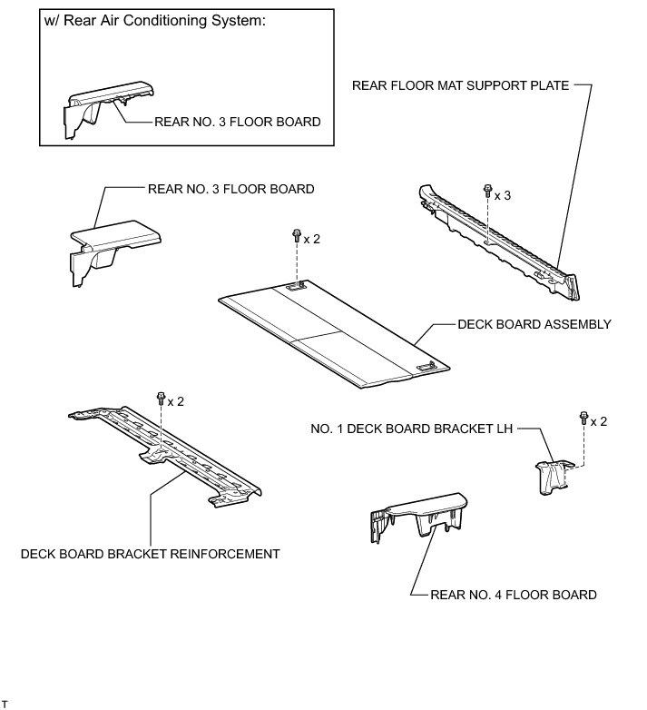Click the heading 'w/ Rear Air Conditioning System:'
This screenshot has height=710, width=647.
click(x=154, y=22)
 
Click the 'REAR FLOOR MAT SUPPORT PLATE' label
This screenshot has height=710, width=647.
click(x=461, y=86)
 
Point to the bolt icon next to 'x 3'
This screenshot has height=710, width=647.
click(x=487, y=191)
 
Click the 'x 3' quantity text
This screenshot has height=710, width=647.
click(x=503, y=194)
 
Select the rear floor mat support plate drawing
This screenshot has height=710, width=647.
click(x=495, y=241)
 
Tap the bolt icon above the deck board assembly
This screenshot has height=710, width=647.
click(x=296, y=236)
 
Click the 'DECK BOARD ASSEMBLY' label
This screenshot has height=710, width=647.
click(x=534, y=324)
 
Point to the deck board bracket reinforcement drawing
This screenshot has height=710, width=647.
click(x=163, y=454)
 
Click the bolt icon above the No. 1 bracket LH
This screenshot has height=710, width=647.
click(x=582, y=419)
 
